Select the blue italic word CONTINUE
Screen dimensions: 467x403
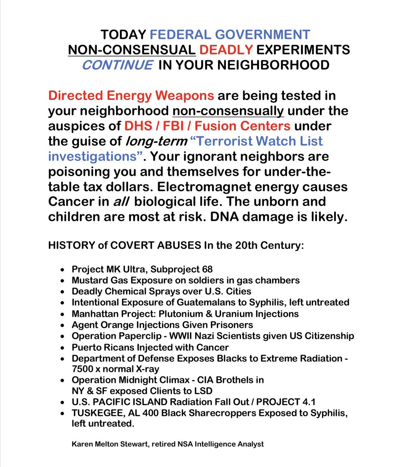click(111, 65)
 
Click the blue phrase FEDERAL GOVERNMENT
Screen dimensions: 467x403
click(230, 35)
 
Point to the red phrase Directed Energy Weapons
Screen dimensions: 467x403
click(131, 95)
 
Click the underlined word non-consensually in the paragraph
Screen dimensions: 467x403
click(228, 111)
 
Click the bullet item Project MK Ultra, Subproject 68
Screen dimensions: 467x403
click(142, 269)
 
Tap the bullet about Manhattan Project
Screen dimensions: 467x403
click(185, 314)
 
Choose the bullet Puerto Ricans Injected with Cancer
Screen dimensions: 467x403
click(150, 347)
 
